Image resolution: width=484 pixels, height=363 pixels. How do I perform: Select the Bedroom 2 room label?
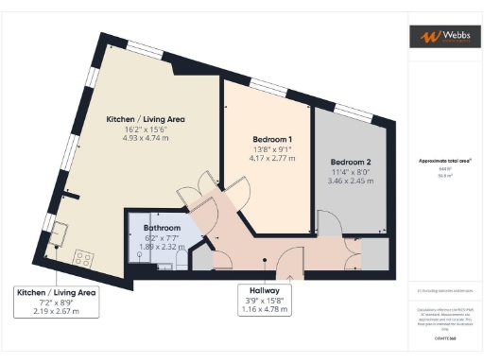pos(350,162)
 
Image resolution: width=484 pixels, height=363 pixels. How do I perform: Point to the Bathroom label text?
pos(163,229)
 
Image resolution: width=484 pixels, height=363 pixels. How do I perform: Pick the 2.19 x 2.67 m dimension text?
pos(53,310)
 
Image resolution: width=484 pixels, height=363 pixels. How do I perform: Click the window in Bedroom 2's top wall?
pos(354,107)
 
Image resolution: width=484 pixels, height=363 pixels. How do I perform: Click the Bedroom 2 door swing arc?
pos(329,221)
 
